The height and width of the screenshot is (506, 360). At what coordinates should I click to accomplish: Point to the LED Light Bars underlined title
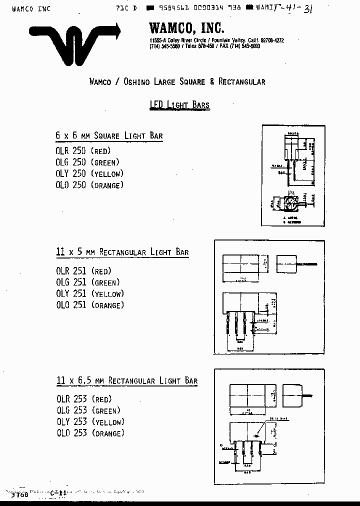[x=179, y=105]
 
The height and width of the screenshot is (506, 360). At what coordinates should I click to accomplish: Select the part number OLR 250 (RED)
[x=83, y=150]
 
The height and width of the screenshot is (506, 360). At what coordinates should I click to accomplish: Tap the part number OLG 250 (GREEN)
[x=87, y=162]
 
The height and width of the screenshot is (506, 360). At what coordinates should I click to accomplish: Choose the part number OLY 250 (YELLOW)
[x=89, y=173]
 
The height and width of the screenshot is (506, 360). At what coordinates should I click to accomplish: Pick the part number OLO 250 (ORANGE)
[x=89, y=185]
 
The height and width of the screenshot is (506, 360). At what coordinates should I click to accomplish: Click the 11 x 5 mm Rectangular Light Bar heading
[x=122, y=252]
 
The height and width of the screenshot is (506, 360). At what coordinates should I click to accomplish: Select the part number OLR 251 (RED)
[x=83, y=271]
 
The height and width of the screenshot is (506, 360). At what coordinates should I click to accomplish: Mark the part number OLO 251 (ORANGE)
[x=90, y=305]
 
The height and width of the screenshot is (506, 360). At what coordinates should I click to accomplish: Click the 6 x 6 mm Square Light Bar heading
[x=109, y=135]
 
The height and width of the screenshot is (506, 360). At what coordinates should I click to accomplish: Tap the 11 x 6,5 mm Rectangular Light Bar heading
[x=126, y=381]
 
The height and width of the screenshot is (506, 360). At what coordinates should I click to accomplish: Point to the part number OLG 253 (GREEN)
[x=88, y=410]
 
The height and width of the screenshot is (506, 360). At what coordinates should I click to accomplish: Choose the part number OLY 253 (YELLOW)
[x=90, y=422]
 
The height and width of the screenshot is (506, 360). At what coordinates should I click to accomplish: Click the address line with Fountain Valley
[x=216, y=40]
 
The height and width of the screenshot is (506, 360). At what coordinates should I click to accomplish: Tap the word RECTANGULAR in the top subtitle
[x=242, y=81]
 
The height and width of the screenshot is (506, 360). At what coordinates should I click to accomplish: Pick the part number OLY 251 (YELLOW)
[x=90, y=293]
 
